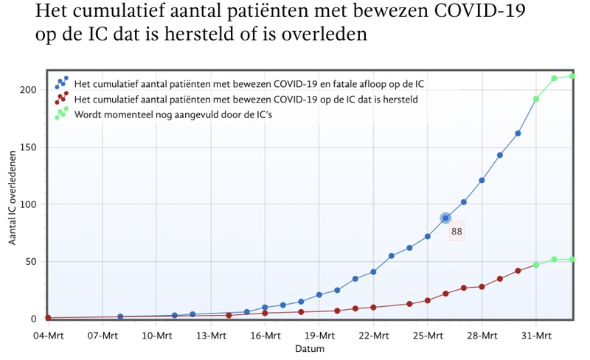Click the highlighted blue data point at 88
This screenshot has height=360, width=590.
click(445, 218)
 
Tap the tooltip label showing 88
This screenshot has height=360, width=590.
click(457, 231)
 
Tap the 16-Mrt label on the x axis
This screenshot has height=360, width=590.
click(265, 336)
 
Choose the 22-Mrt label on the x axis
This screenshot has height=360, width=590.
click(373, 336)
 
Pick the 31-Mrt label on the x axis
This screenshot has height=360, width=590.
click(536, 336)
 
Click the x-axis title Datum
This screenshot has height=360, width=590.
click(309, 348)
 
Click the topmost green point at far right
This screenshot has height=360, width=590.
click(572, 76)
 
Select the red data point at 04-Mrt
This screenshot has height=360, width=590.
click(48, 318)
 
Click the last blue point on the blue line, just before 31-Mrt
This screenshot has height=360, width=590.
click(518, 134)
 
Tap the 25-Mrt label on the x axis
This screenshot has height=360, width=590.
click(428, 336)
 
